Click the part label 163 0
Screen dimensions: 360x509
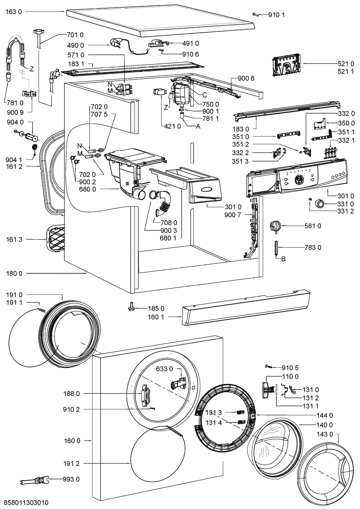[x=14, y=11]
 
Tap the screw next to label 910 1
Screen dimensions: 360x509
[x=255, y=15]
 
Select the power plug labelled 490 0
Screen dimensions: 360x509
[x=116, y=44]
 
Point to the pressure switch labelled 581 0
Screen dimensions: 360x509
[x=275, y=226]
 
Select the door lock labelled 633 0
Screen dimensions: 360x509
[x=179, y=384]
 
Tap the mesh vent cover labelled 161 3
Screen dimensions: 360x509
[x=55, y=238]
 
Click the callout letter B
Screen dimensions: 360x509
[x=283, y=259]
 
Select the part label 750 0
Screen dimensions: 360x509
[x=211, y=104]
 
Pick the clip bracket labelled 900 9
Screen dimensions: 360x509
[x=29, y=94]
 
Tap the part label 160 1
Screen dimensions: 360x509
[x=156, y=317]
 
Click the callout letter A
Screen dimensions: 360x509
[x=198, y=126]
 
